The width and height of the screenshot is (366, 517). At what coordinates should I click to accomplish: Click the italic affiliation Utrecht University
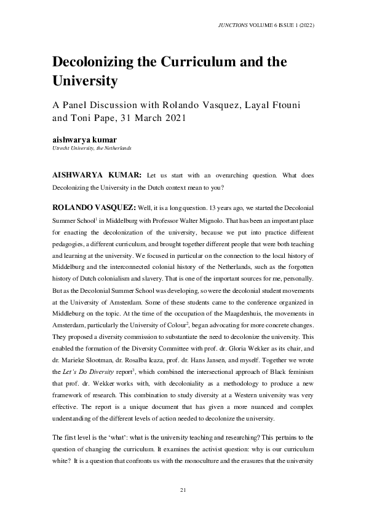pos(73,149)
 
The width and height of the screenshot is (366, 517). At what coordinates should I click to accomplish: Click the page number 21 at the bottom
pos(183,489)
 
